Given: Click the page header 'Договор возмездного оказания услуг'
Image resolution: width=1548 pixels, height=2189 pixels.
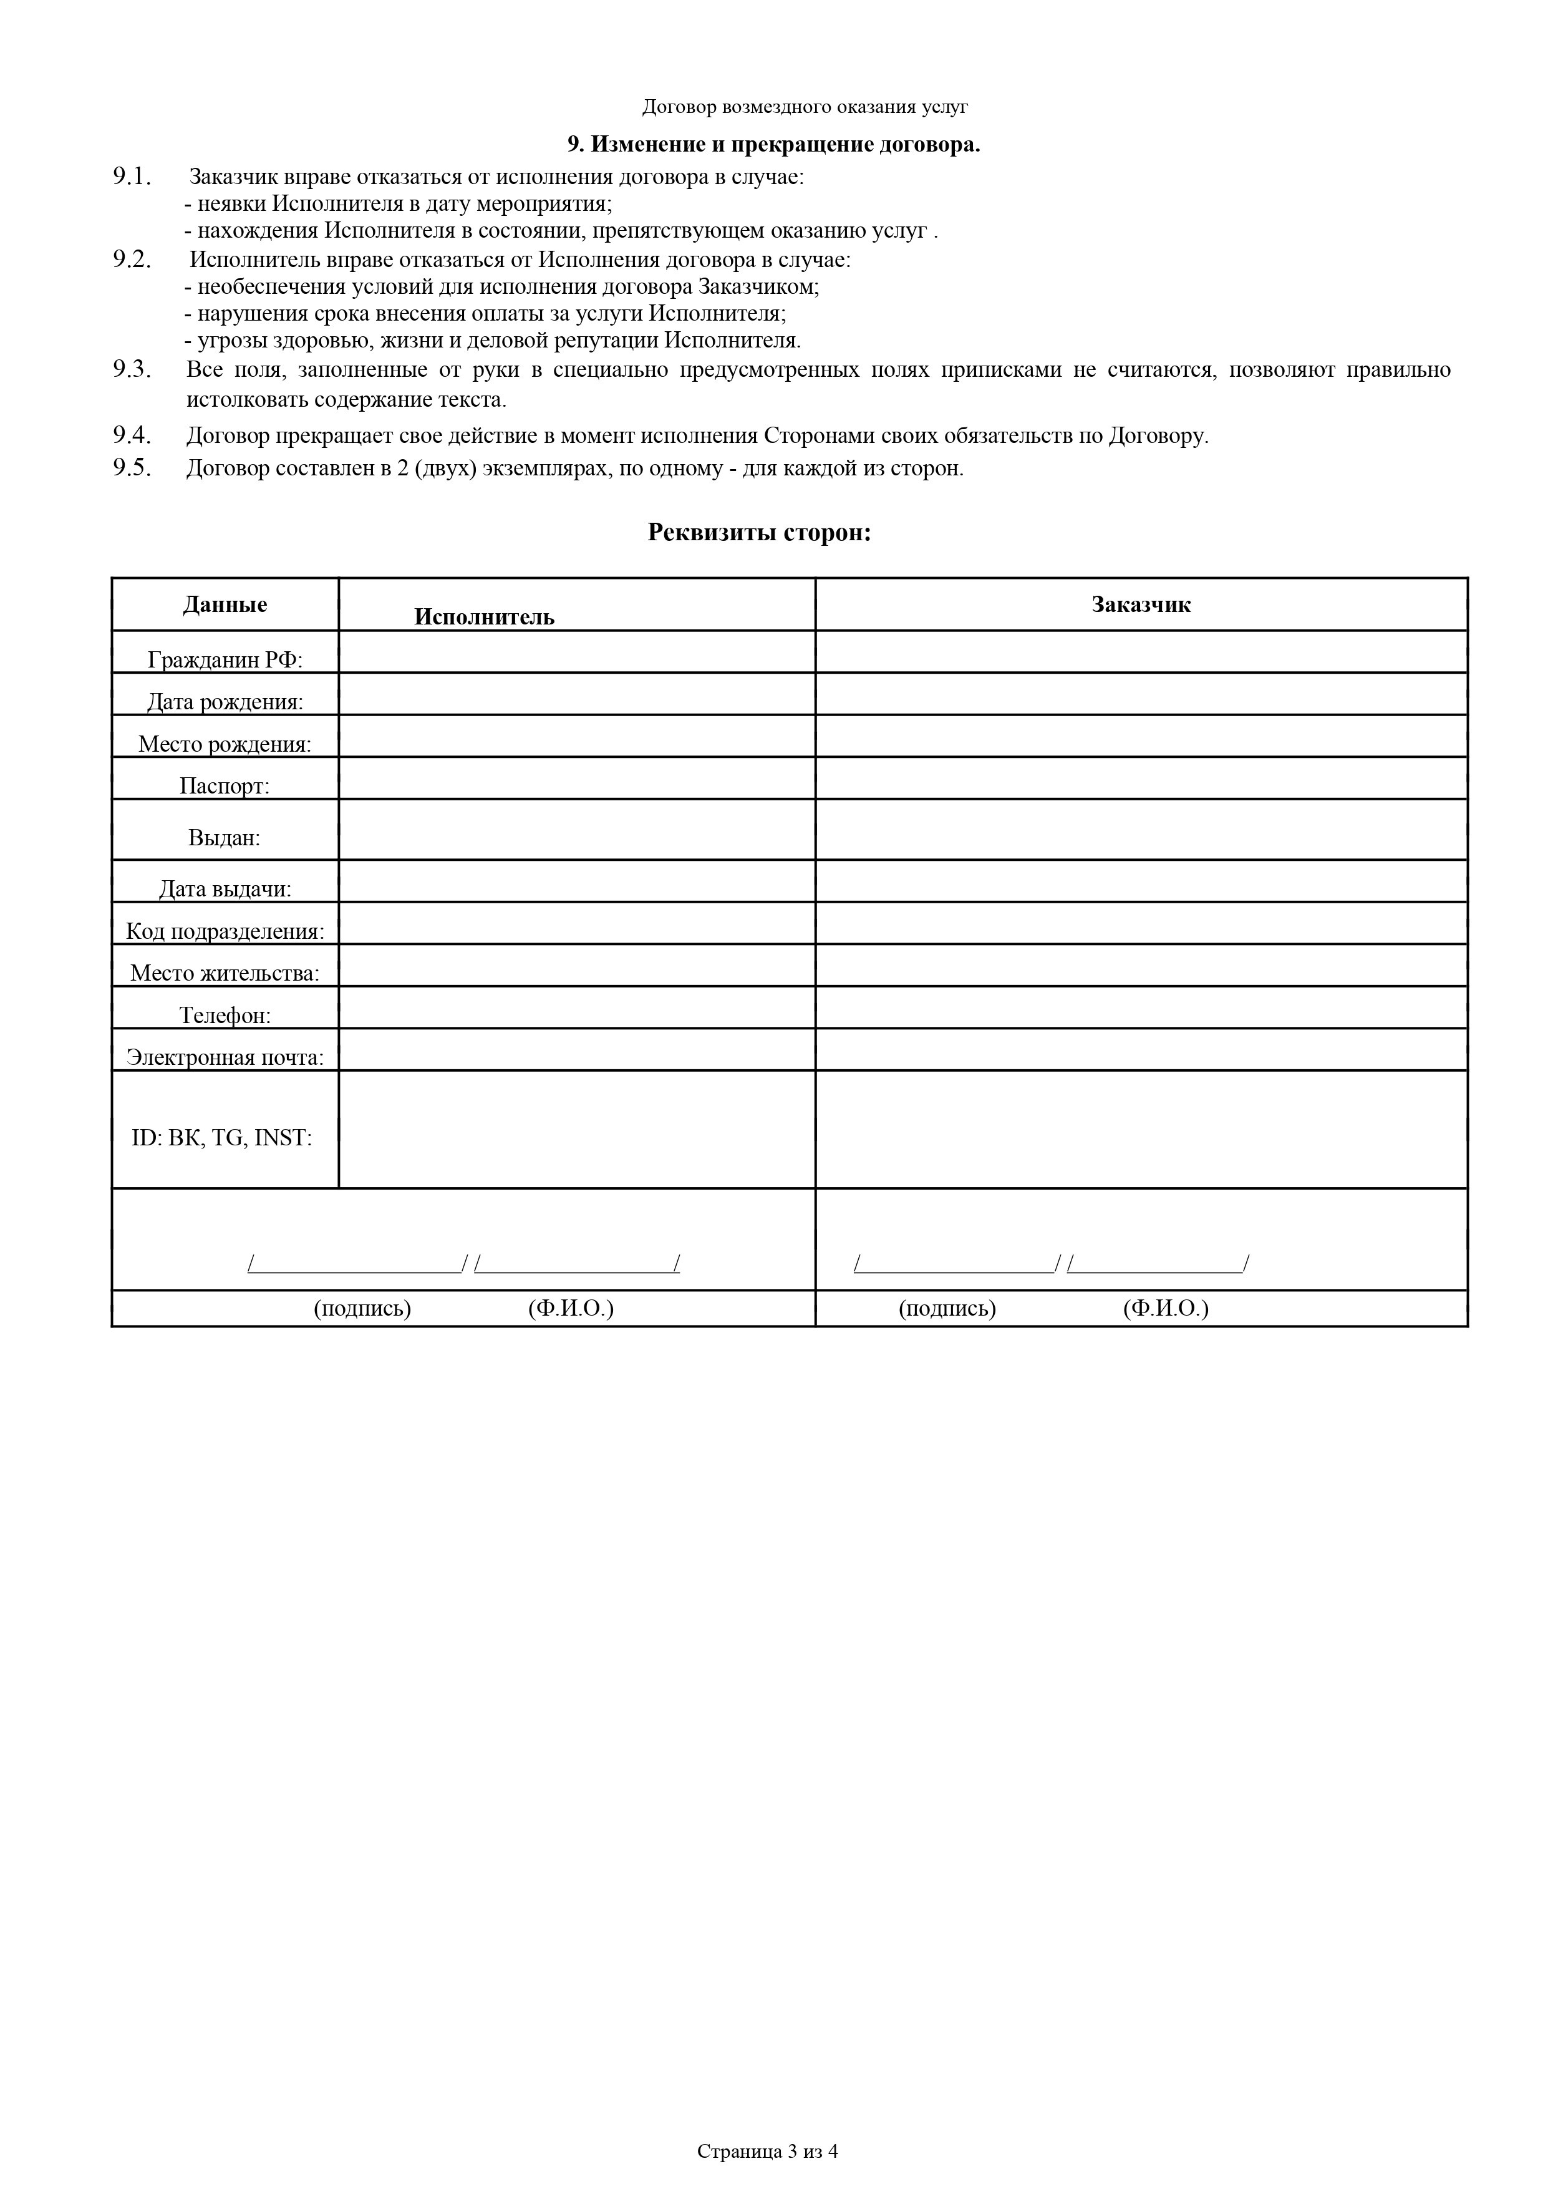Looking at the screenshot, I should click(x=805, y=107).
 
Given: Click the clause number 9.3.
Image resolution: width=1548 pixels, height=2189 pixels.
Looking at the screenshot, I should click(x=132, y=370).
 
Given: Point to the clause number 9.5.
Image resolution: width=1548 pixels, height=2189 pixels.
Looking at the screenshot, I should click(x=132, y=468).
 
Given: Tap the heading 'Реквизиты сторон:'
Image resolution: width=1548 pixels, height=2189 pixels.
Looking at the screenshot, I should click(x=759, y=532).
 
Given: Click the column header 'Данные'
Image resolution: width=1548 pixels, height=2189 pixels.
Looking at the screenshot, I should click(x=225, y=604).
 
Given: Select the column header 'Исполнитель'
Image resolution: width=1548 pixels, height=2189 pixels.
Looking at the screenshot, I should click(x=483, y=617).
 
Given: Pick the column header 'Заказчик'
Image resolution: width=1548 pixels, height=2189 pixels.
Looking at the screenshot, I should click(x=1140, y=604).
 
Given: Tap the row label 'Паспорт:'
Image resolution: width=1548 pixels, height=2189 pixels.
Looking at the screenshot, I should click(x=225, y=785).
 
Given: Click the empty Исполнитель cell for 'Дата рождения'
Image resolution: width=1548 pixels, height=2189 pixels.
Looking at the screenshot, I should click(x=577, y=694).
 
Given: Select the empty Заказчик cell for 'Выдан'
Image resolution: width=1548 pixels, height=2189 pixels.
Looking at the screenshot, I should click(x=1140, y=830).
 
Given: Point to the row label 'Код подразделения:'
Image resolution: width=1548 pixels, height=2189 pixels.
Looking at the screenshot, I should click(x=225, y=931).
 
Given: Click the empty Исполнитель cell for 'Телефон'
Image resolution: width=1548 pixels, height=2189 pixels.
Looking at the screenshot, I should click(x=577, y=1007).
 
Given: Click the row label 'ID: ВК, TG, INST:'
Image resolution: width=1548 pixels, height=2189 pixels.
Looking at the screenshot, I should click(x=222, y=1137).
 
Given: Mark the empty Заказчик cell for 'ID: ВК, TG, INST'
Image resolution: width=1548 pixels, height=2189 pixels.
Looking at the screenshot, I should click(x=1140, y=1129).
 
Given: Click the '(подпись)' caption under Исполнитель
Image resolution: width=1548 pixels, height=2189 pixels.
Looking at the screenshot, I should click(x=362, y=1308).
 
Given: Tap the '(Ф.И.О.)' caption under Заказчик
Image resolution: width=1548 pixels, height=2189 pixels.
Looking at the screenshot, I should click(x=1165, y=1308).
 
